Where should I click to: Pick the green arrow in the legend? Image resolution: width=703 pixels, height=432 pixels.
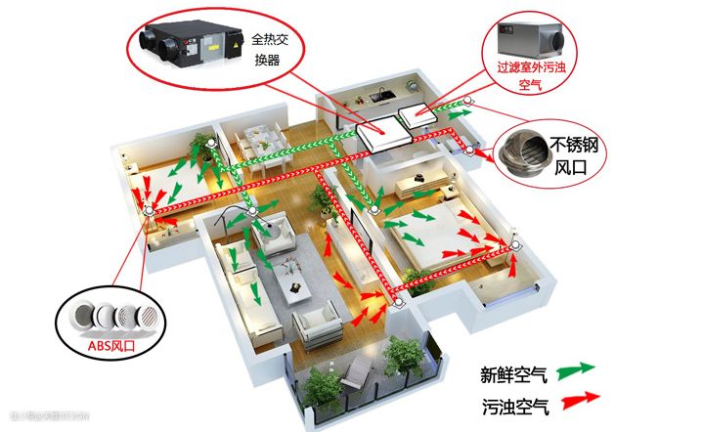click(585, 371)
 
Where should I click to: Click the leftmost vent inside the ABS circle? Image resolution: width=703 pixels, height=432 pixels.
click(75, 315)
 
